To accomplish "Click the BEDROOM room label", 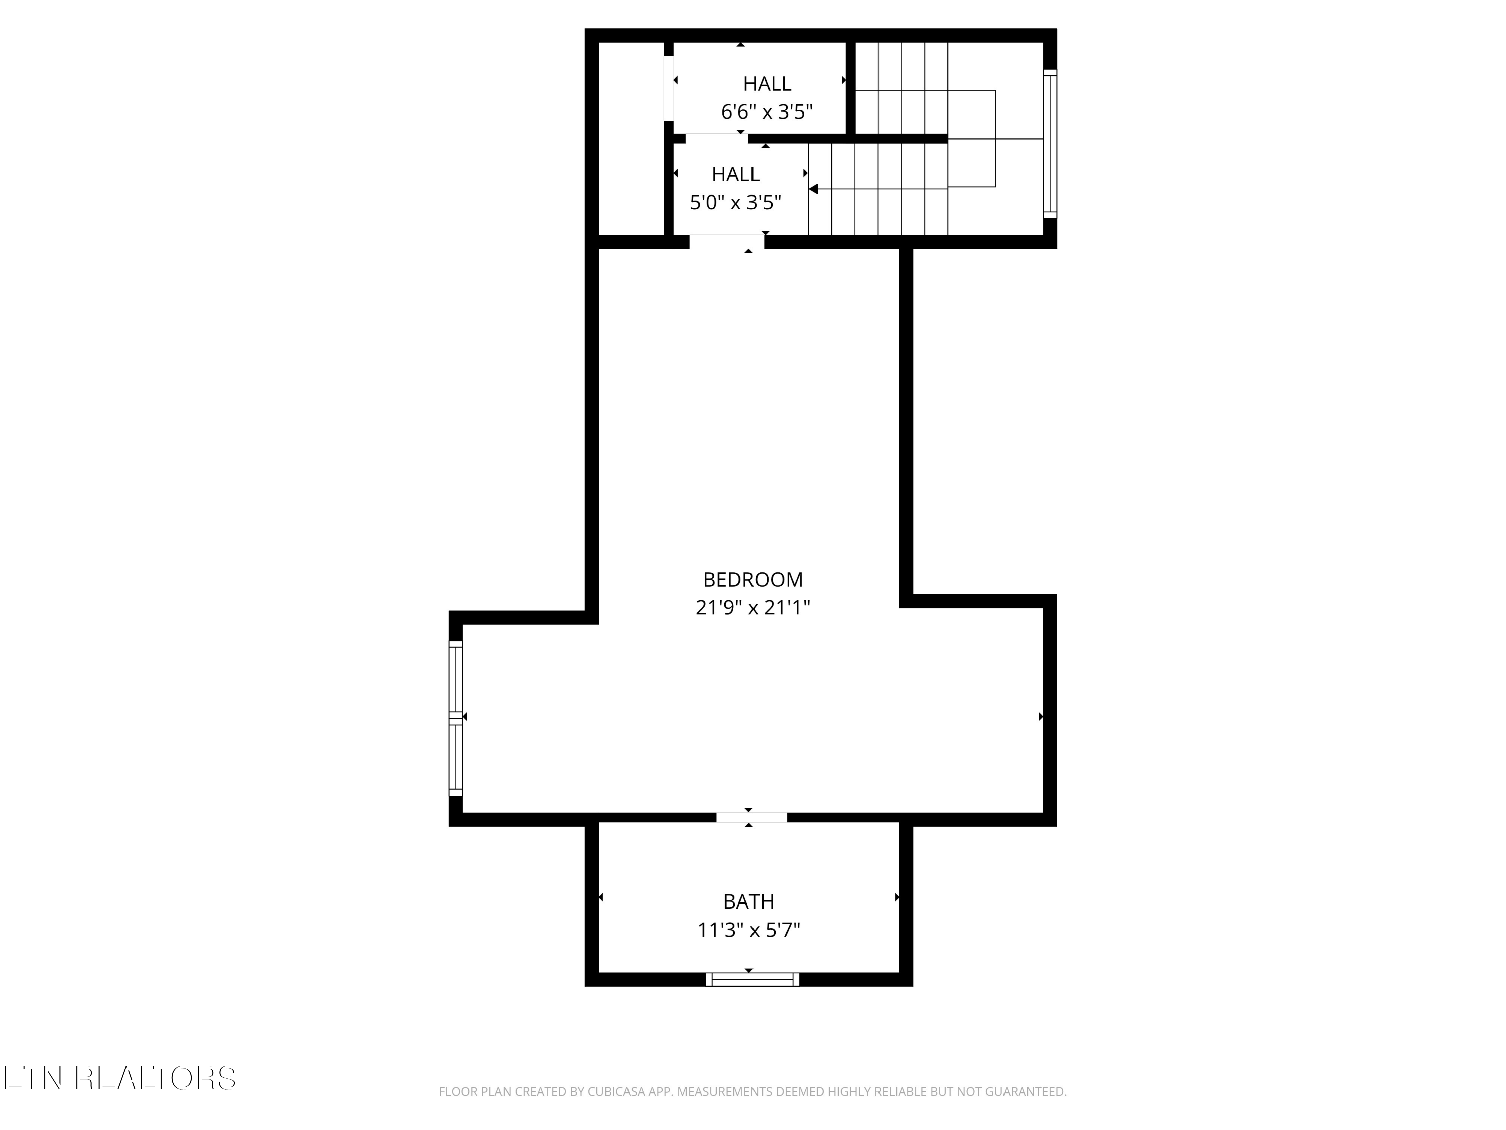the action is tap(752, 580).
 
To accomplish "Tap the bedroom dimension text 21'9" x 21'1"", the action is tap(752, 608).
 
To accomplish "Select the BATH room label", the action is tap(748, 902).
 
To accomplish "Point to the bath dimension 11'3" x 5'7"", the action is tap(748, 930).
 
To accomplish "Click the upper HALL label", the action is tap(767, 84).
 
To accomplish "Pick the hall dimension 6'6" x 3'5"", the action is tap(767, 111).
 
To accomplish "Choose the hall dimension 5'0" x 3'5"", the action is tap(735, 202).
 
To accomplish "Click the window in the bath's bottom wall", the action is tap(752, 979).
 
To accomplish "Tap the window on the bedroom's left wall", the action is tap(455, 718).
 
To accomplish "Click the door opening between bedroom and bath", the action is tap(751, 817).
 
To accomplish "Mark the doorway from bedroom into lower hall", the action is tap(726, 242).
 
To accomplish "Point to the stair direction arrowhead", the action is tap(813, 189).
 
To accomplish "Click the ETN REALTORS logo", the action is tap(120, 1078).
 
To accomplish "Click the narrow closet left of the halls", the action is tap(631, 138).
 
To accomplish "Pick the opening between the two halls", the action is tap(717, 138).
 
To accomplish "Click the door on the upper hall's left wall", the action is tap(669, 88).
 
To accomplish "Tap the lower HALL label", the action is tap(735, 174).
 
